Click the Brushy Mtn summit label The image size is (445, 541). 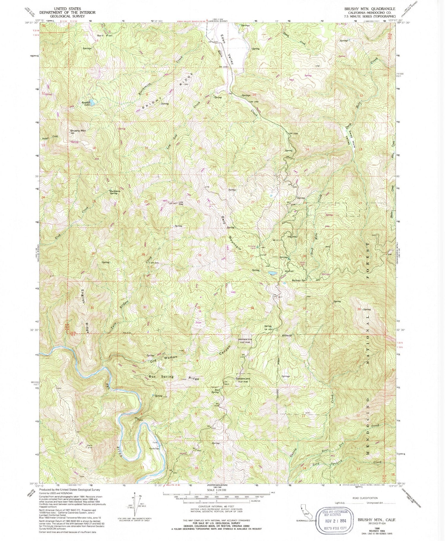(78, 130)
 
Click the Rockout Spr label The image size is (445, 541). (299, 280)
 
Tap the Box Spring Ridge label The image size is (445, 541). (174, 377)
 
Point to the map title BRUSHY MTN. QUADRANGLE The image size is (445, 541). (369, 9)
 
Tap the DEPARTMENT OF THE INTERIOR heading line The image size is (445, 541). (67, 12)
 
